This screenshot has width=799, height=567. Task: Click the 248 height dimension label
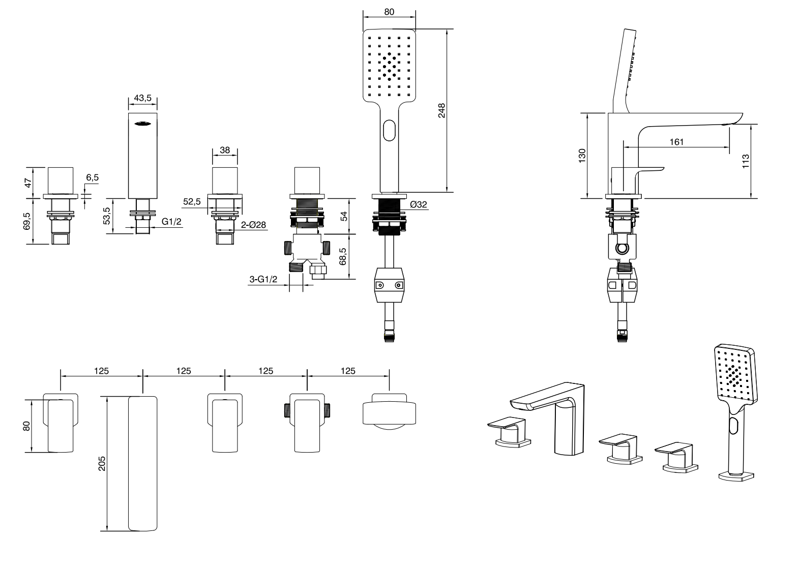coord(441,111)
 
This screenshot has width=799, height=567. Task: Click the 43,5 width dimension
coord(142,99)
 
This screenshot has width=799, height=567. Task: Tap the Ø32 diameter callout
coord(418,204)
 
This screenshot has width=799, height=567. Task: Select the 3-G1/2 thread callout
coord(263,280)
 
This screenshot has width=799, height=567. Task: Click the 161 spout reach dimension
coord(676,142)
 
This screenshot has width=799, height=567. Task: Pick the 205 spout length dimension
coord(102,463)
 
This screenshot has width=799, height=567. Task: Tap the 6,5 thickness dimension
coord(93,177)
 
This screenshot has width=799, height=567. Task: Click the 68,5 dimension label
coord(343,256)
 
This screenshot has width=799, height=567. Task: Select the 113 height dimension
coord(746,161)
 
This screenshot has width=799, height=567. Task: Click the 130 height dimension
coord(582,155)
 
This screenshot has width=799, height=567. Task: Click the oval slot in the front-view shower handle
coord(390,130)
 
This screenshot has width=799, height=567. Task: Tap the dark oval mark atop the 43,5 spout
coord(142,123)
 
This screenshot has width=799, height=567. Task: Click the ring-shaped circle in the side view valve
coord(622,249)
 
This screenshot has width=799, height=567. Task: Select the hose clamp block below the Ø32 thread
coord(390,286)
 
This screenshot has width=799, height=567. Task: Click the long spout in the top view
coord(143,463)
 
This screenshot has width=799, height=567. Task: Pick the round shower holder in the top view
coord(390,411)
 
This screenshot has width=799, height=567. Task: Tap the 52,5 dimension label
coord(192,202)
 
